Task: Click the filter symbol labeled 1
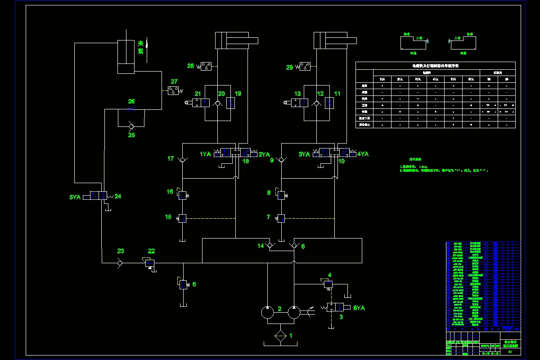point(280,336)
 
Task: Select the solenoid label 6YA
point(359,308)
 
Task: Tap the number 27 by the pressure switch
point(174,82)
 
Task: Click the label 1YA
point(206,154)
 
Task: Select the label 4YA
point(363,154)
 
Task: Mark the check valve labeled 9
point(281,160)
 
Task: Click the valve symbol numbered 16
point(182,195)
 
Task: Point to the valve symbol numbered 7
point(281,219)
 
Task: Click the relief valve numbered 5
point(183,284)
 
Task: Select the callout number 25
point(131,135)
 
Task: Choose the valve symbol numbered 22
point(150,263)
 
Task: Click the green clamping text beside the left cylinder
point(140,47)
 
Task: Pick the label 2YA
point(264,154)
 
